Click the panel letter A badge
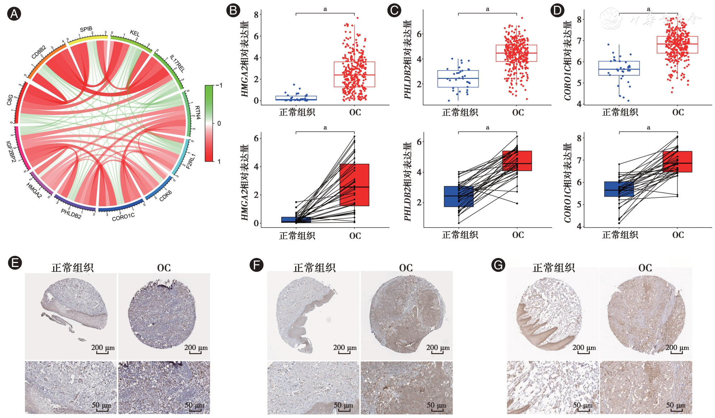pyautogui.click(x=14, y=14)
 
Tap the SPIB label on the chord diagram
pyautogui.click(x=86, y=29)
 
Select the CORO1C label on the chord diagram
pyautogui.click(x=123, y=217)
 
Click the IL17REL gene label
pyautogui.click(x=177, y=64)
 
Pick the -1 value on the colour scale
pyautogui.click(x=219, y=85)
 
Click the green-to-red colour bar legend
pyautogui.click(x=209, y=123)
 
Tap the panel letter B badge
pyautogui.click(x=233, y=10)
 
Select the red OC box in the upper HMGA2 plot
pyautogui.click(x=354, y=74)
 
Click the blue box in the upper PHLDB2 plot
pyautogui.click(x=458, y=79)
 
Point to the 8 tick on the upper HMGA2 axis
pyautogui.click(x=256, y=15)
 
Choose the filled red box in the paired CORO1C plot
pyautogui.click(x=677, y=162)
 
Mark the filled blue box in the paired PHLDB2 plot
pyautogui.click(x=458, y=196)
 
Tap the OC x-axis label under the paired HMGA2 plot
pyautogui.click(x=355, y=236)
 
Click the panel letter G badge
pyautogui.click(x=498, y=265)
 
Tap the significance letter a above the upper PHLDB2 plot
pyautogui.click(x=487, y=9)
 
